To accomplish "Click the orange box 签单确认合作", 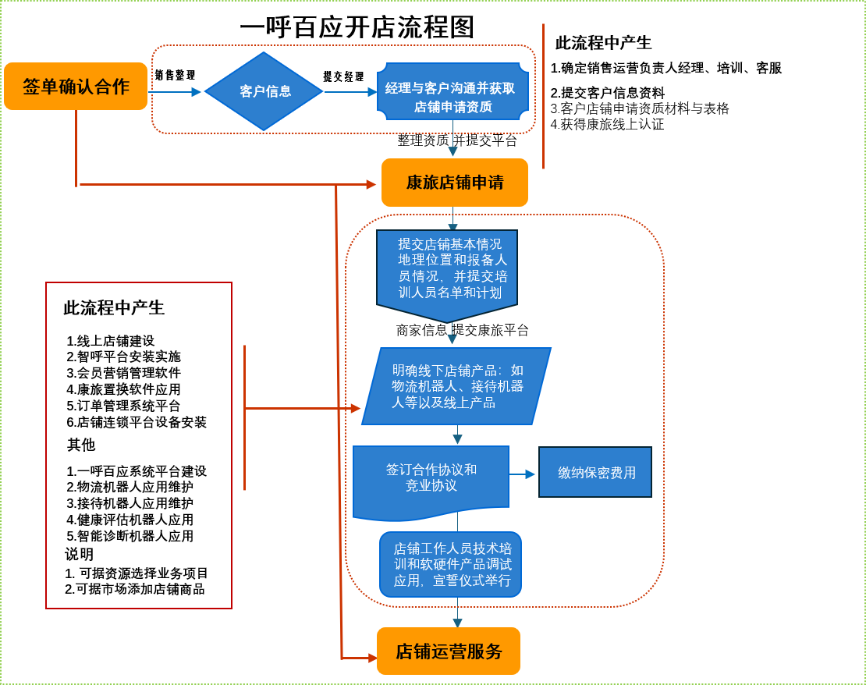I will coord(76,86).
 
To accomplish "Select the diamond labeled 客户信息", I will coord(264,91).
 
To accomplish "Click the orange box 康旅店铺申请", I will coord(454,183).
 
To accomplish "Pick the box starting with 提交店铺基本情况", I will coord(447,270).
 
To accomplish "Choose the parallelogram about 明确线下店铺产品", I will coord(457,386).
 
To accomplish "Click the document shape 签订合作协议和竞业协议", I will coord(431,478).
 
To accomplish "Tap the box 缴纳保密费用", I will coord(595,473).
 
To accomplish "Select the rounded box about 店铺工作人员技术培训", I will coord(451,564).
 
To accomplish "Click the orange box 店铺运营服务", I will coord(449,651).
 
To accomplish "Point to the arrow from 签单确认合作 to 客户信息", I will coord(175,92).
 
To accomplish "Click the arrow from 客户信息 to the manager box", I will coord(351,92).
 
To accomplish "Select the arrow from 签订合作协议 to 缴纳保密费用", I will coord(523,474).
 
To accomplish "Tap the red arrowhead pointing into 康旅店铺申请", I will coord(371,184).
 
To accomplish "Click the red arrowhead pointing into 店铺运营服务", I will coord(371,658).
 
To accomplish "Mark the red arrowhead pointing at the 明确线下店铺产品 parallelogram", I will coord(355,408).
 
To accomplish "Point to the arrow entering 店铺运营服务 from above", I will coord(457,613).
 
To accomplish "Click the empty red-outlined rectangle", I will coord(139,445).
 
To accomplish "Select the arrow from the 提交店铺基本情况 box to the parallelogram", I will coord(452,335).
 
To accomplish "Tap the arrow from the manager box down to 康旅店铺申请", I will coord(453,140).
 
